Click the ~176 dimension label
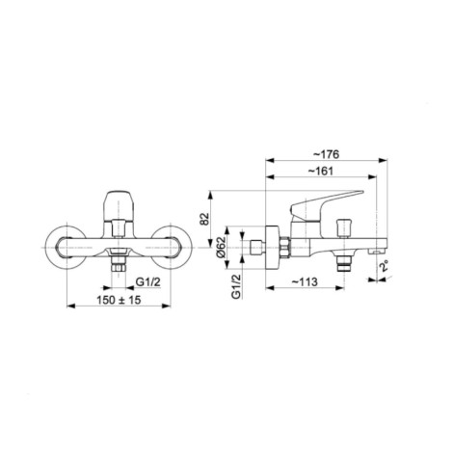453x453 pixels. [x=326, y=154]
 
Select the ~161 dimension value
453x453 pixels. [x=321, y=172]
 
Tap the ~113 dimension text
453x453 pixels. [x=305, y=282]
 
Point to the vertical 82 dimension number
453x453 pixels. [x=204, y=220]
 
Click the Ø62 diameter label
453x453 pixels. [x=221, y=248]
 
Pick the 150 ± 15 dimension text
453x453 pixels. [x=119, y=300]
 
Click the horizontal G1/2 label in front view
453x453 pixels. [x=147, y=282]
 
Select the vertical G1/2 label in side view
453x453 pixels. [x=236, y=287]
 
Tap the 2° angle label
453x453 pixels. [x=384, y=266]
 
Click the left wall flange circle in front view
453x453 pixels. [x=67, y=248]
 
